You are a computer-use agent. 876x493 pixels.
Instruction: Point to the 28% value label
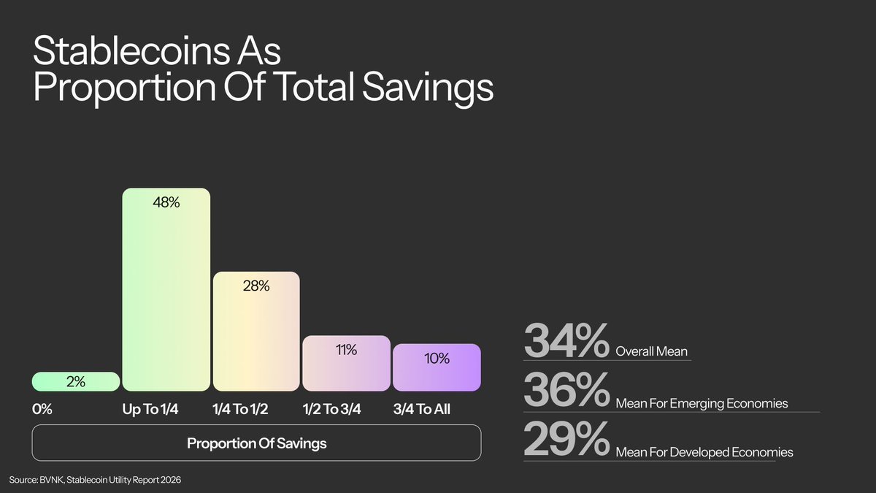256,286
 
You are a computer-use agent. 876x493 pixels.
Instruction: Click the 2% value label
75,381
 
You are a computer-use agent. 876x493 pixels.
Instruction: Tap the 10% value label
437,359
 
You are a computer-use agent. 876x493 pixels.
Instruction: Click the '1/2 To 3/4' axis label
333,409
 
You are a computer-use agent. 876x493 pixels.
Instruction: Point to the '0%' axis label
42,409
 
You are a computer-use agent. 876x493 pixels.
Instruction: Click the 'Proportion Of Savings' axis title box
256,443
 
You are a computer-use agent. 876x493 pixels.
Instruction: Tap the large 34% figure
566,341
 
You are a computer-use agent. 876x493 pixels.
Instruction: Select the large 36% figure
566,392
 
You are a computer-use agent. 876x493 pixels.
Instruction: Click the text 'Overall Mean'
652,351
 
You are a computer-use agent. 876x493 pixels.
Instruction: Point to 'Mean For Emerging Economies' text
702,402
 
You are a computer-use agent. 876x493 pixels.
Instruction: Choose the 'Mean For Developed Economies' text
704,453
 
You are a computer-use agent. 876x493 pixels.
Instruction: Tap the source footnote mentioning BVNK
95,479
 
